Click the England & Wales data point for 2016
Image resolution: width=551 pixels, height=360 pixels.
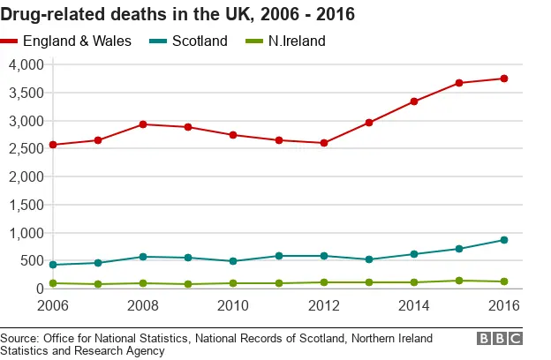(x=503, y=79)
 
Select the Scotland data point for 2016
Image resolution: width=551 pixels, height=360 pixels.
(x=503, y=240)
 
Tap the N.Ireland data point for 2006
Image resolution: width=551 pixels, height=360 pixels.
(x=53, y=283)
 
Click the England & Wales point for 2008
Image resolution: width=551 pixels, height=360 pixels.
(x=143, y=124)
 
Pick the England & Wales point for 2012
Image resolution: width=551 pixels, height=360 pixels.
(x=323, y=143)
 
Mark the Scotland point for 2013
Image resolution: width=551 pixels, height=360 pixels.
(x=368, y=259)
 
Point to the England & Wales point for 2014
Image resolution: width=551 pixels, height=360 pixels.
(x=413, y=101)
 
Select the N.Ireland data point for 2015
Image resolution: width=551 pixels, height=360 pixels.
(x=458, y=281)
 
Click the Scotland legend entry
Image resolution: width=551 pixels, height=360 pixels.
(x=200, y=41)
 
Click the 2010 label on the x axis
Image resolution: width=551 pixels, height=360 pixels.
(x=233, y=305)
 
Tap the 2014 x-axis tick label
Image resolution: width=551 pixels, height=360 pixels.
(x=413, y=305)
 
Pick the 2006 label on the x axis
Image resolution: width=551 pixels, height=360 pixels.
(x=53, y=305)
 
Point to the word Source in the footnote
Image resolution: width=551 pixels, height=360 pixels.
(x=23, y=338)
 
